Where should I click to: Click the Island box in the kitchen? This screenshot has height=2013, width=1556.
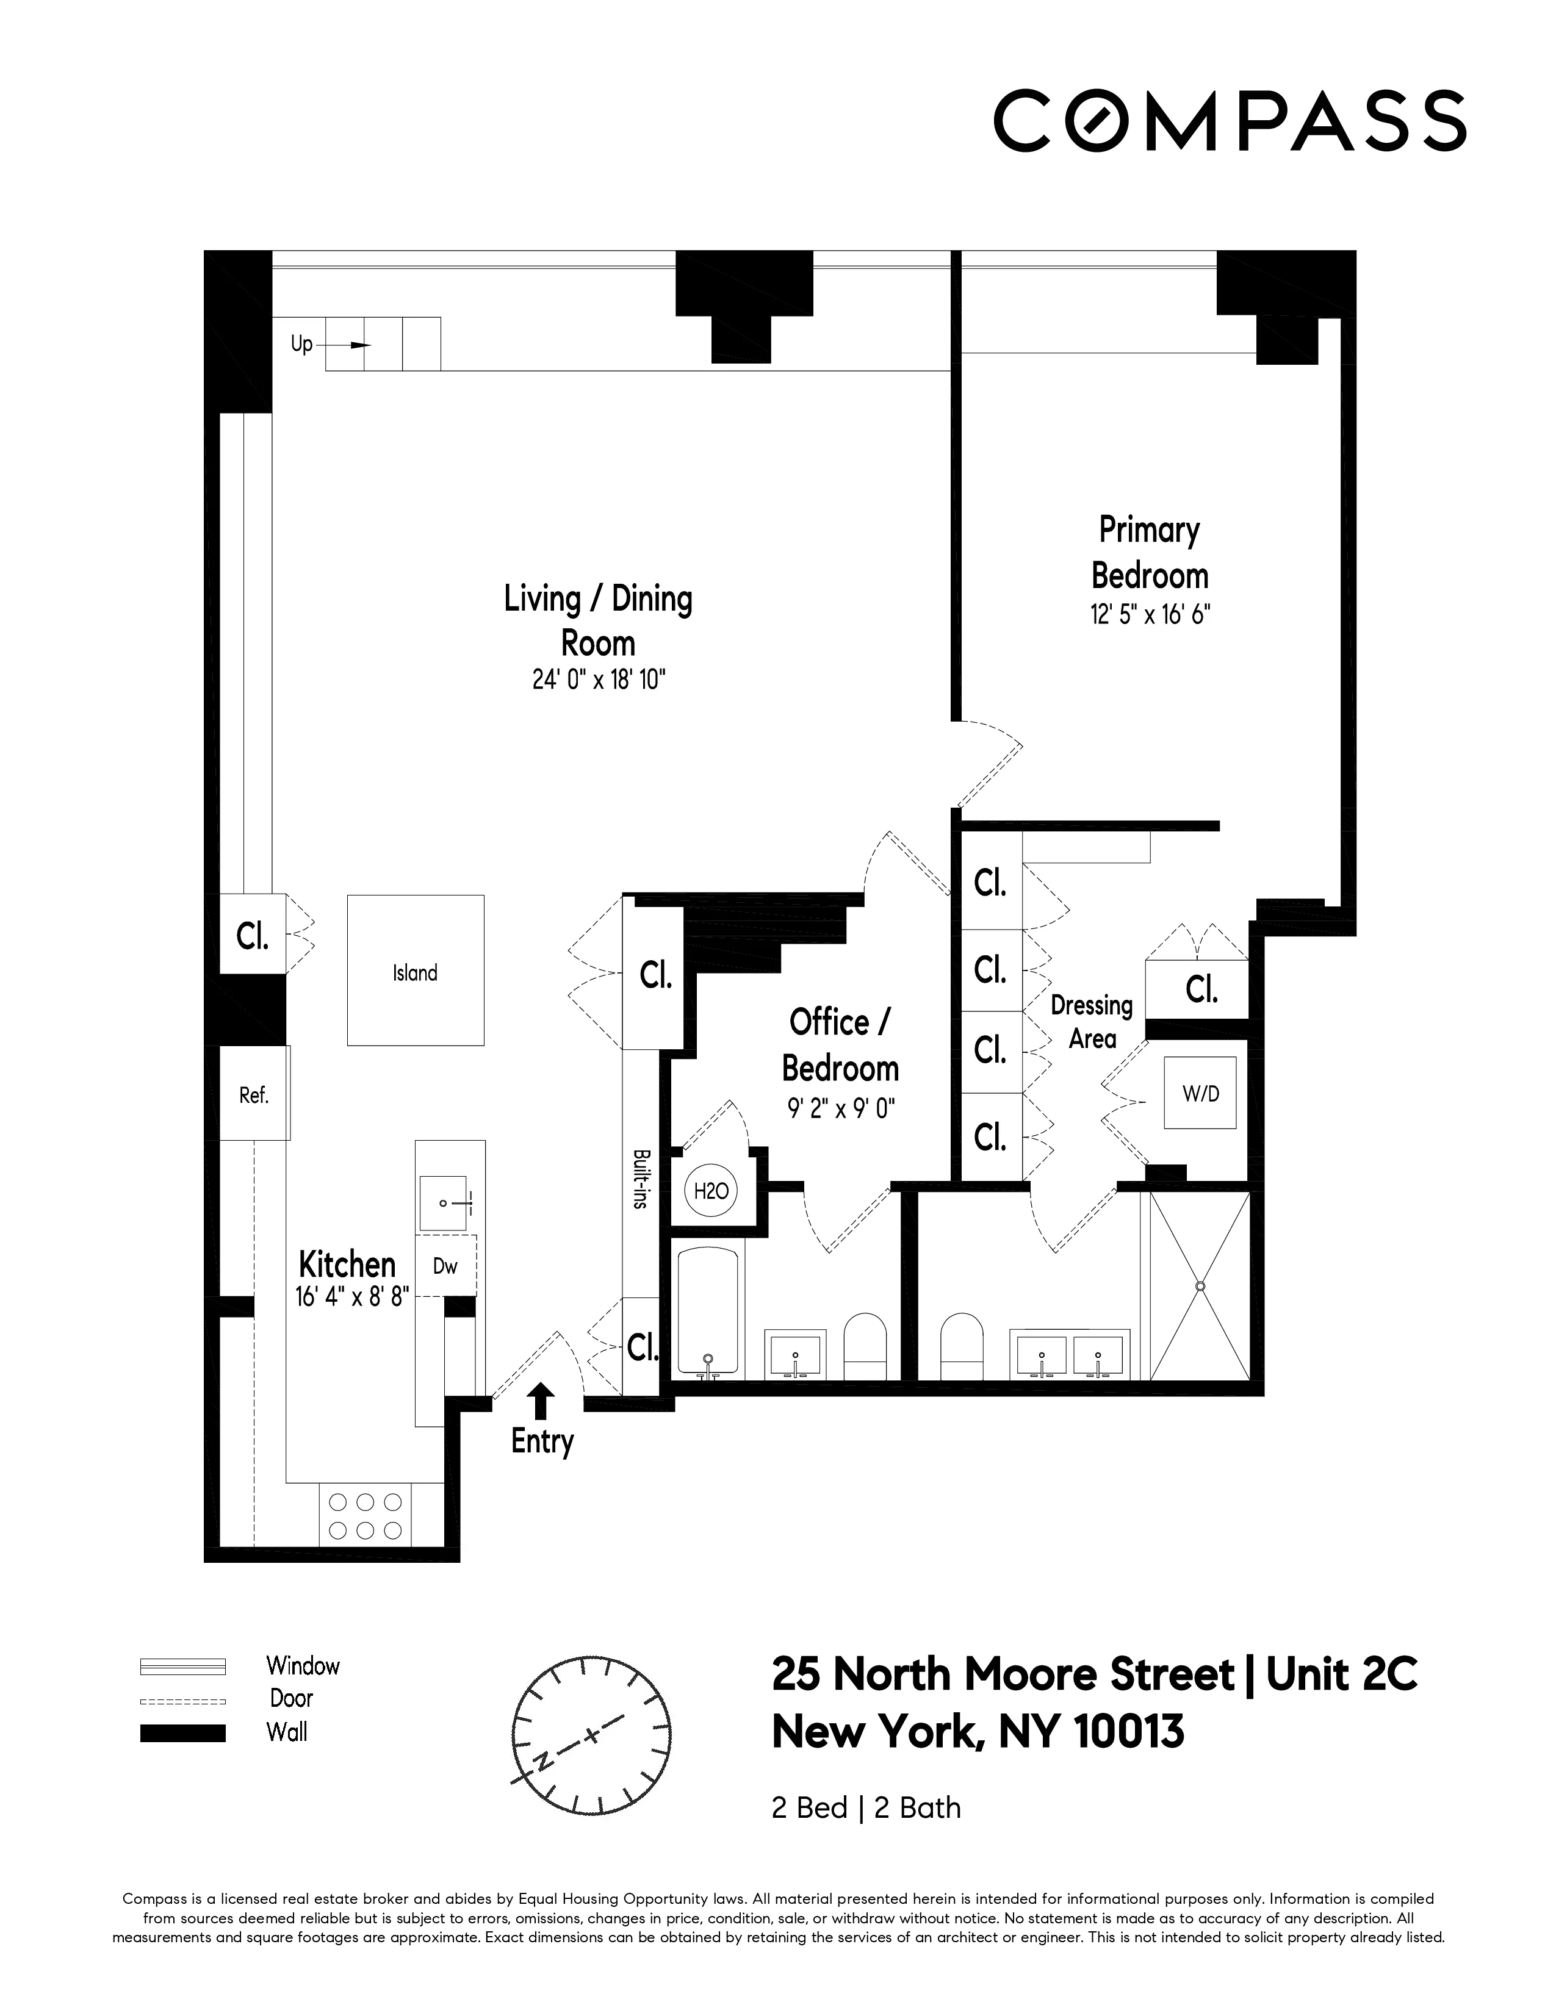pos(416,970)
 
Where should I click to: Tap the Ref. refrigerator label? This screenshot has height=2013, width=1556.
pos(253,1095)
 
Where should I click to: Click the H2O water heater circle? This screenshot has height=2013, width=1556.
pos(711,1191)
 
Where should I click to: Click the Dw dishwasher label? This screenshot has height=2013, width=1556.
pos(445,1266)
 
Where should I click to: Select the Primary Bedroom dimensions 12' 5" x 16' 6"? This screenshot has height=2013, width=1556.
pos(1150,615)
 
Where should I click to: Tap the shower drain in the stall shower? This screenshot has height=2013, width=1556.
pos(1200,1285)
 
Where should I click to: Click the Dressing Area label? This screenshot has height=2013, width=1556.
pos(1092,1021)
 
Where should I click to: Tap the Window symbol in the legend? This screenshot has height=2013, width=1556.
pos(182,1667)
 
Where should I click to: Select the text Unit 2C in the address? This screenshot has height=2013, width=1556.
pos(1341,1674)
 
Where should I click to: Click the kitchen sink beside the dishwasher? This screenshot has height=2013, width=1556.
pos(444,1203)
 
